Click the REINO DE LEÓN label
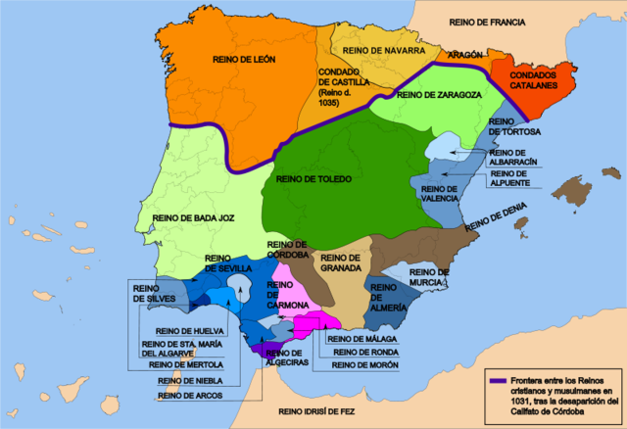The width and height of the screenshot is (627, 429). (244, 60)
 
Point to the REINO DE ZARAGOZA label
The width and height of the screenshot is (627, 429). (438, 95)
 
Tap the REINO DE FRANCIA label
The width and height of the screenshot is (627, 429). (488, 21)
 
